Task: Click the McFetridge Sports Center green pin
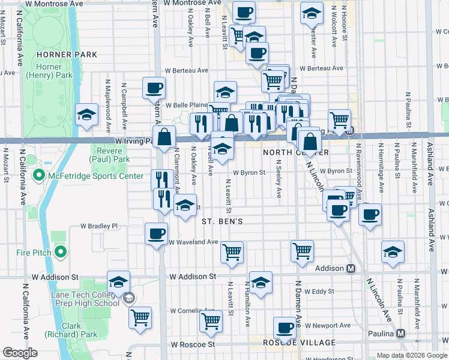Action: pos(40,176)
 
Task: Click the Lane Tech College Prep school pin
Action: pos(128,298)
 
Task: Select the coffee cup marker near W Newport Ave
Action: pos(285,328)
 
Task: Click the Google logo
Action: pos(20,353)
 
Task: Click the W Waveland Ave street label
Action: pos(193,242)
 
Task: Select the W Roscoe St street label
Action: pos(193,345)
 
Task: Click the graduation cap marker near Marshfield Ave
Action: pos(393,251)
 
